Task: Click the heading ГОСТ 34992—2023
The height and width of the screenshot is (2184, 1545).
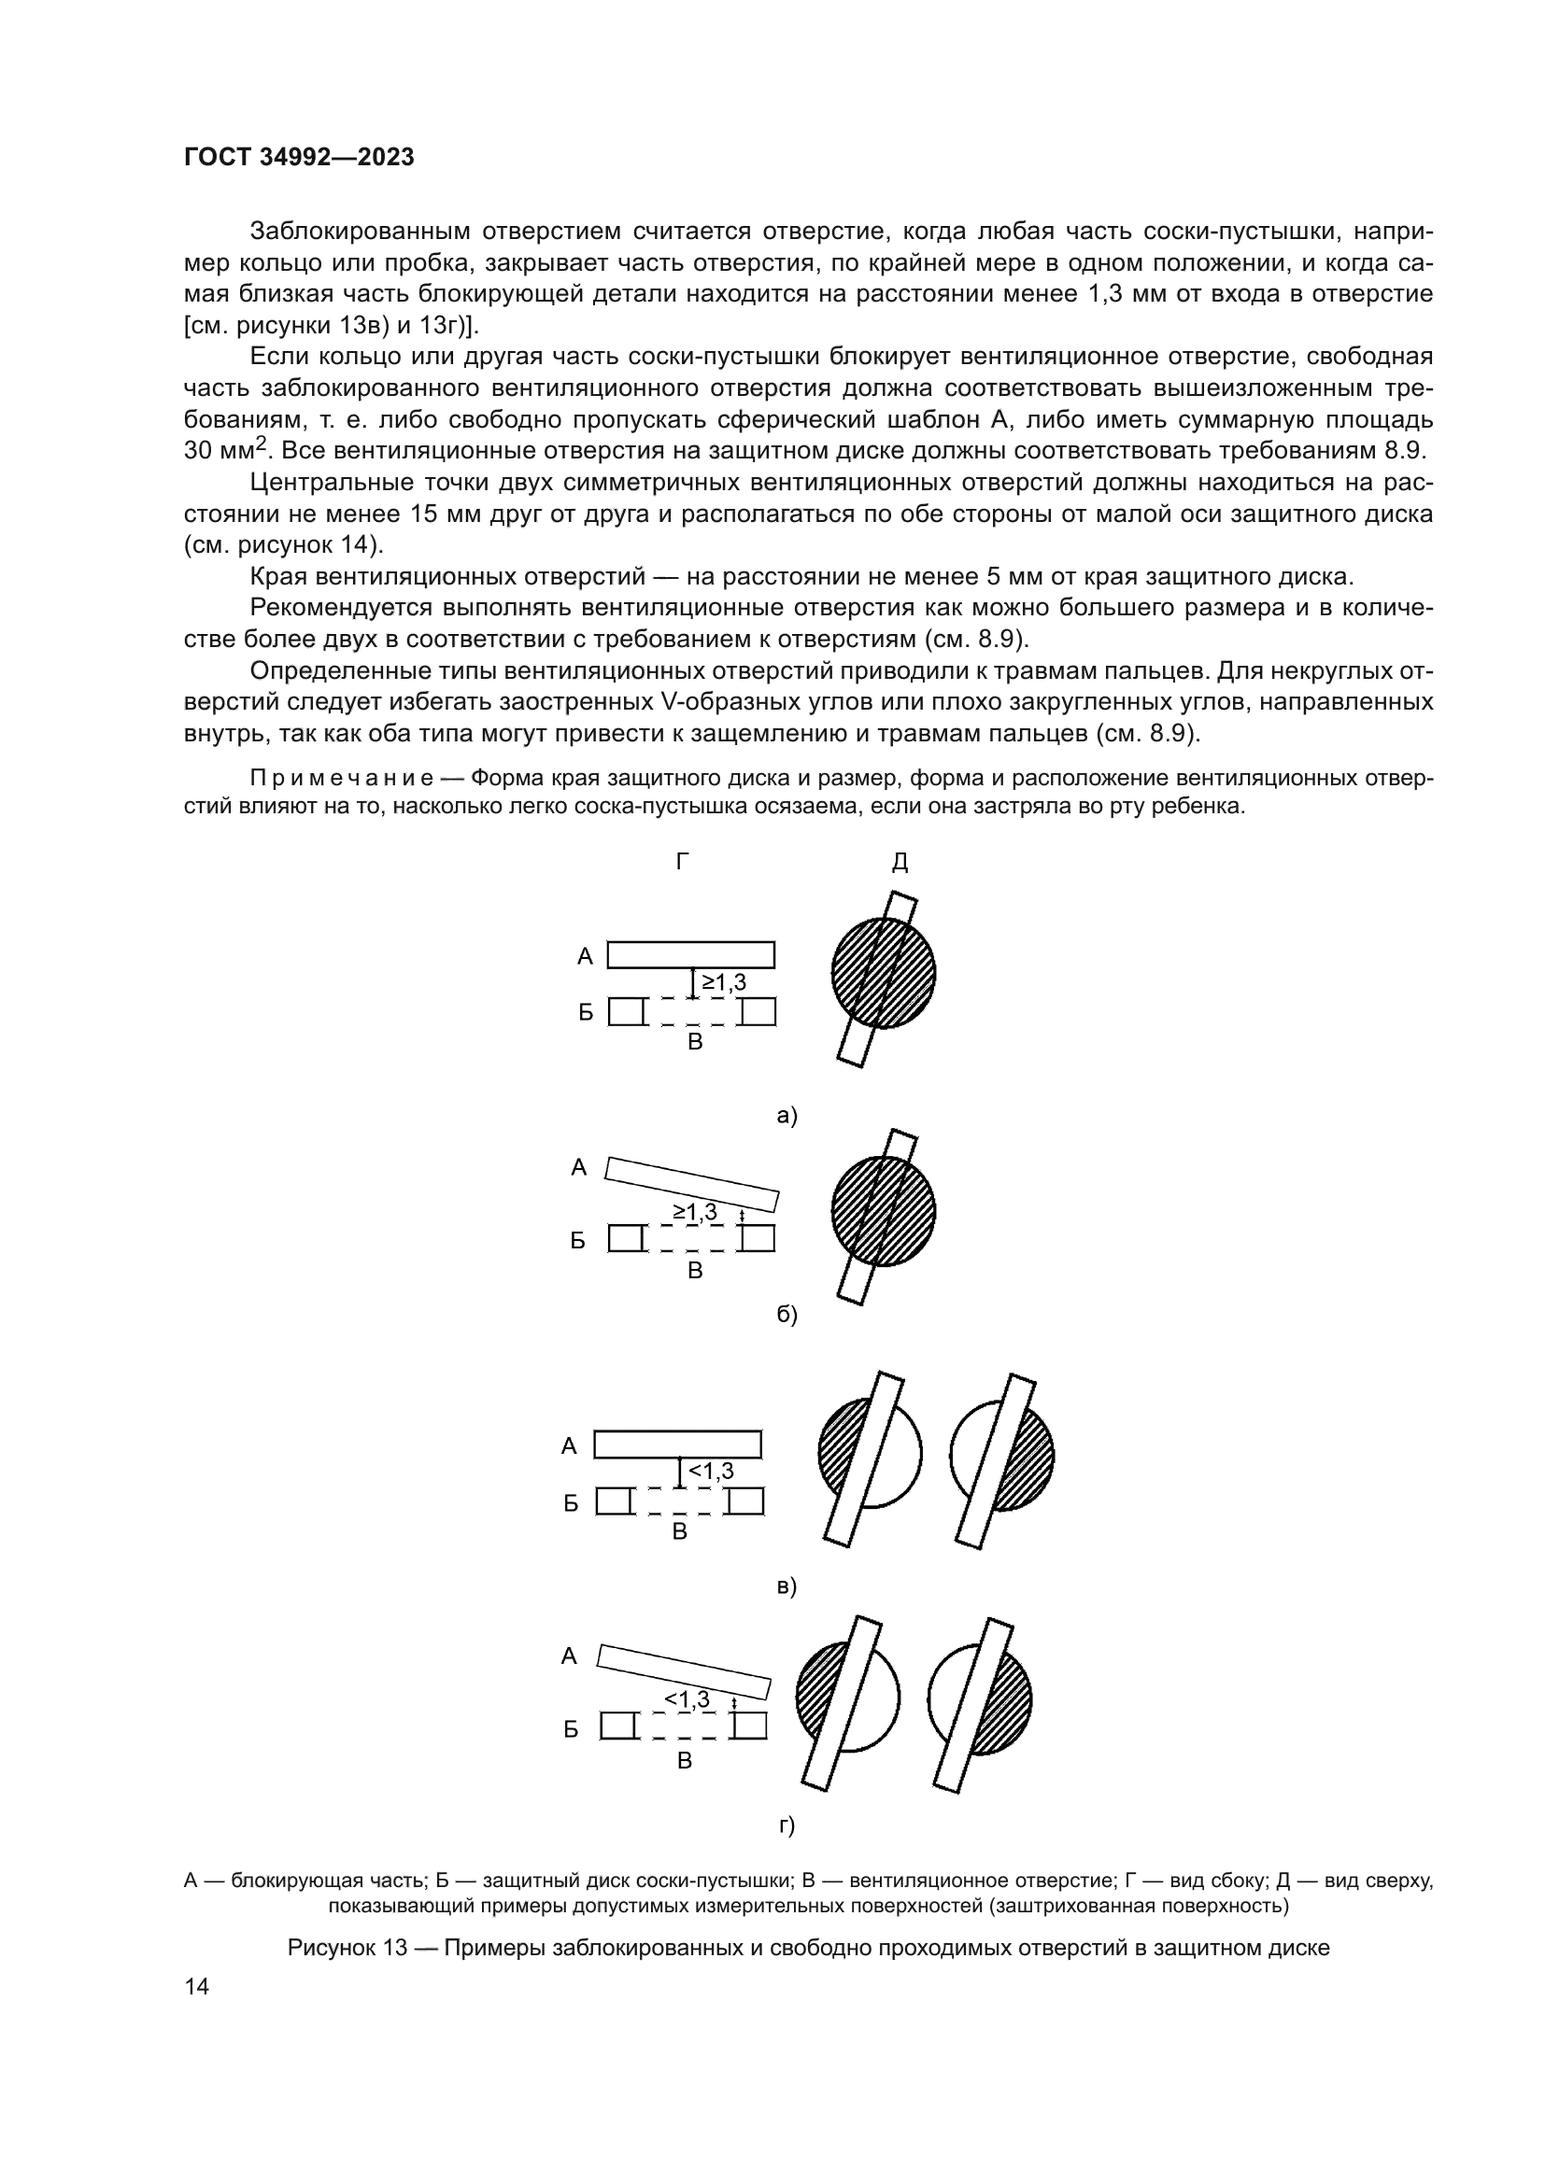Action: point(299,158)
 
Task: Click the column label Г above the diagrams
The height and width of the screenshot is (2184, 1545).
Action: point(682,862)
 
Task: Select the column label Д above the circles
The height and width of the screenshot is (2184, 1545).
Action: point(899,863)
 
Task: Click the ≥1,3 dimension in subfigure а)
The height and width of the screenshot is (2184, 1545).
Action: point(724,982)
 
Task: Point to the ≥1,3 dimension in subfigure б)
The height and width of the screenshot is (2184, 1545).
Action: point(696,1212)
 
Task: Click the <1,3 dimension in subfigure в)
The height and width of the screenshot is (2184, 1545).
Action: point(711,1471)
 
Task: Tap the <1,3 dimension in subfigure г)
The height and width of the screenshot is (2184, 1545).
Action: point(687,1698)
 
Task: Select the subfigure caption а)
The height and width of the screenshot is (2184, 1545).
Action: point(787,1115)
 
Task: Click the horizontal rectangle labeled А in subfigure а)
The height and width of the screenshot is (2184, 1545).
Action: point(690,954)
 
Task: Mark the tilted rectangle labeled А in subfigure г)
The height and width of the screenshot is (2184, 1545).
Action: point(683,1672)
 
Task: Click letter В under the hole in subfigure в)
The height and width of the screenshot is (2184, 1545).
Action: point(679,1531)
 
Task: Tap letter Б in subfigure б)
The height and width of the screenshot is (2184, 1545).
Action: point(577,1241)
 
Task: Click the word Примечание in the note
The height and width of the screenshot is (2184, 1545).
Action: point(342,778)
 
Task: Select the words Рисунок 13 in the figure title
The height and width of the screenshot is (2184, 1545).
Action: point(347,1947)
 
